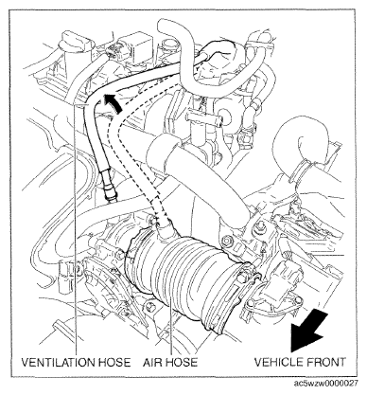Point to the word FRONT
[x=327, y=362]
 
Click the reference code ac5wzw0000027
[x=325, y=383]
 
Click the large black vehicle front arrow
[x=309, y=331]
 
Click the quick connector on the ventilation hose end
[x=110, y=188]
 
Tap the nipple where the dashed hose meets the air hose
[x=165, y=229]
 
